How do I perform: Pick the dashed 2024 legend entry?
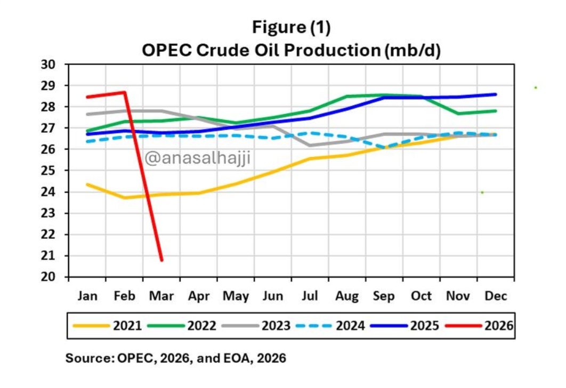pyautogui.click(x=333, y=325)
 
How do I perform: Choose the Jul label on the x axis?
pyautogui.click(x=310, y=296)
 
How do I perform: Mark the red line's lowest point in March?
pyautogui.click(x=161, y=260)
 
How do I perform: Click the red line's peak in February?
pyautogui.click(x=125, y=92)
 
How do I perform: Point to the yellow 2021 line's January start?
pyautogui.click(x=87, y=184)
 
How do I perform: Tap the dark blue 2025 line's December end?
pyautogui.click(x=496, y=94)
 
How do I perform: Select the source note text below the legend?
pyautogui.click(x=175, y=359)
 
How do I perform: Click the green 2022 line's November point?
pyautogui.click(x=458, y=113)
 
